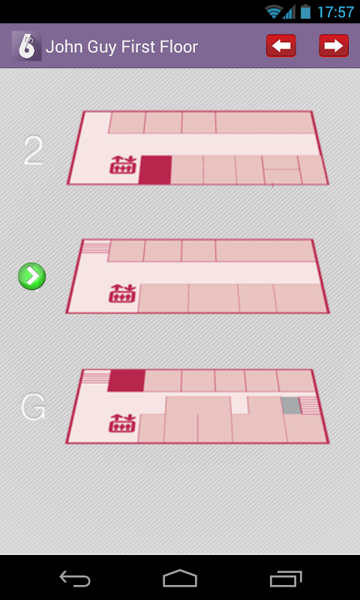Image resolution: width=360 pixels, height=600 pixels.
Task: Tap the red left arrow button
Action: pyautogui.click(x=280, y=46)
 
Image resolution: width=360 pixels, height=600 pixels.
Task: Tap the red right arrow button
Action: pyautogui.click(x=334, y=46)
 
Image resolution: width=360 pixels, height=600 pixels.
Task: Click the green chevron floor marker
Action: pyautogui.click(x=32, y=276)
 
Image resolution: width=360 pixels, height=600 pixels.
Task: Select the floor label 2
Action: pyautogui.click(x=33, y=151)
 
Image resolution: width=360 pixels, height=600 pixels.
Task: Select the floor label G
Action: pyautogui.click(x=33, y=406)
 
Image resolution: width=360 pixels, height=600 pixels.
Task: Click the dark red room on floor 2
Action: pyautogui.click(x=155, y=170)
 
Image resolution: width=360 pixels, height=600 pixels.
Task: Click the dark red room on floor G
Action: pyautogui.click(x=126, y=380)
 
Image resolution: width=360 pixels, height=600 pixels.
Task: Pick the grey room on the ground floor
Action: pyautogui.click(x=291, y=406)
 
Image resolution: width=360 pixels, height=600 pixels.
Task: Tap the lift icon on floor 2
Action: pyautogui.click(x=123, y=165)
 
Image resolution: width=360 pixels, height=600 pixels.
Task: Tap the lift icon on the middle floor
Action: pyautogui.click(x=122, y=293)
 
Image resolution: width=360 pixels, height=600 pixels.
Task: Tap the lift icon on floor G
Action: pyautogui.click(x=122, y=423)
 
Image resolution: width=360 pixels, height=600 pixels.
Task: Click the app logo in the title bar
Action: pyautogui.click(x=26, y=46)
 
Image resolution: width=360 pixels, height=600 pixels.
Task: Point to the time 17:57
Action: pyautogui.click(x=335, y=12)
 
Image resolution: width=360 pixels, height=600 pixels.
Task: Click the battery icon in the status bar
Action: pyautogui.click(x=305, y=11)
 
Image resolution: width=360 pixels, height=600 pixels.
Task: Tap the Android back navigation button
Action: pyautogui.click(x=75, y=577)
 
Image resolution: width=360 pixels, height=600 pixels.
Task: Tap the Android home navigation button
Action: pyautogui.click(x=180, y=577)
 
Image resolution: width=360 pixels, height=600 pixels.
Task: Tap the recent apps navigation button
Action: pyautogui.click(x=286, y=578)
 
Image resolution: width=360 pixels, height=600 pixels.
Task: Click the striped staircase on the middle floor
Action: pyautogui.click(x=96, y=247)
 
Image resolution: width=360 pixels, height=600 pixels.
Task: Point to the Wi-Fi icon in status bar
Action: pyautogui.click(x=274, y=12)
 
